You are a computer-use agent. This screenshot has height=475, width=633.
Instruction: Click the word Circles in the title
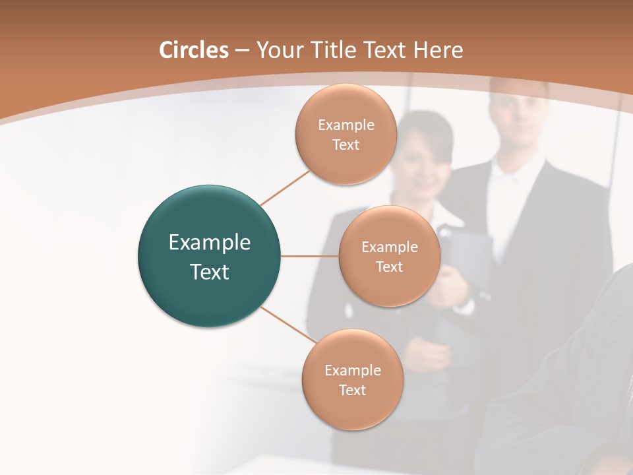tap(193, 50)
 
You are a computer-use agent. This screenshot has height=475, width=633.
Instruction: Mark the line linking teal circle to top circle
tap(285, 187)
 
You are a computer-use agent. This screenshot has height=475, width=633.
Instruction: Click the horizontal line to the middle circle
tap(309, 256)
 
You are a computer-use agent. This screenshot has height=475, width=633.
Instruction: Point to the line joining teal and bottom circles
tap(288, 325)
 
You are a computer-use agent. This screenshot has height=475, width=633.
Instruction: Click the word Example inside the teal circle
tap(210, 243)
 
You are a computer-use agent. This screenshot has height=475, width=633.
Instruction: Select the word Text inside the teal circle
tap(210, 272)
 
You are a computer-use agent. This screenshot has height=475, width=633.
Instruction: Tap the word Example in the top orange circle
tap(346, 125)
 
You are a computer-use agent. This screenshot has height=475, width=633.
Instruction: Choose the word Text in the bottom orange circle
tap(352, 390)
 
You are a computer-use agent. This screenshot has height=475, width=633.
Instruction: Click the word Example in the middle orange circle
tap(389, 247)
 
